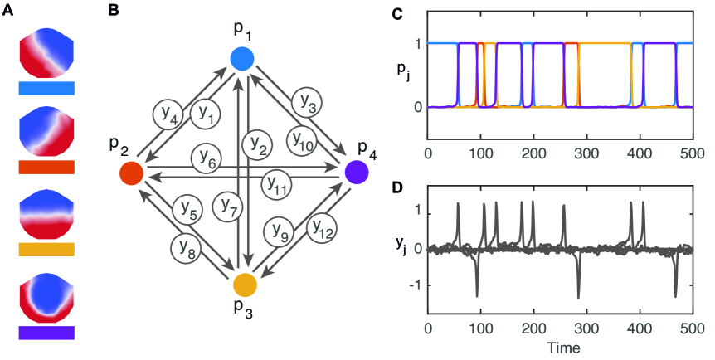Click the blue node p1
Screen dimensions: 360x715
pos(240,58)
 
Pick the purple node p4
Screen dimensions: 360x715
pos(357,172)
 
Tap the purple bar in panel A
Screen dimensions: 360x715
pos(46,332)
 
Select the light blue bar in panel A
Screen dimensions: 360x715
pos(46,86)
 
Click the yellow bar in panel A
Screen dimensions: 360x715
pos(46,248)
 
